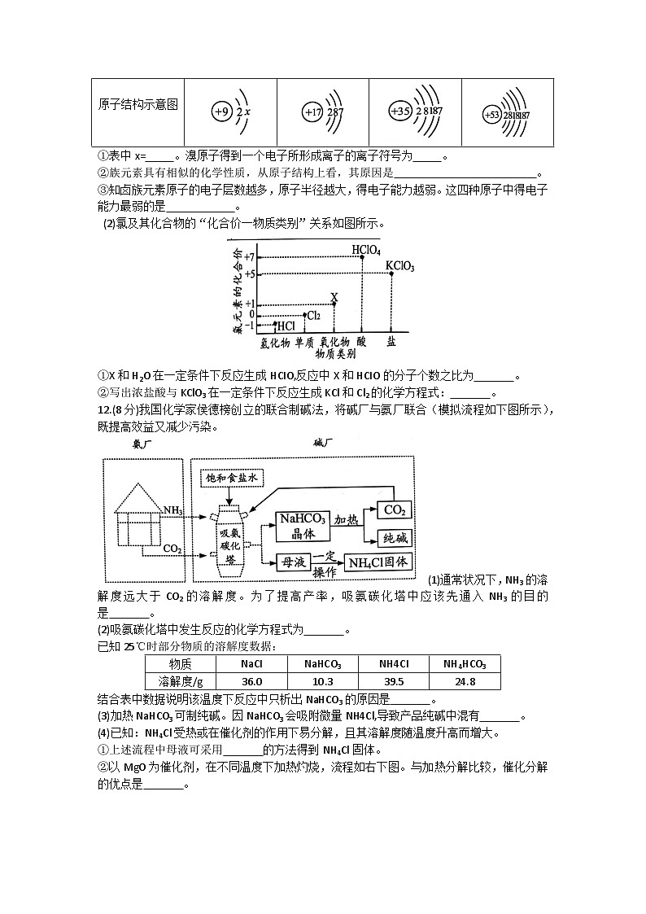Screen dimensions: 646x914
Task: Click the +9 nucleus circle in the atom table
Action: (x=220, y=112)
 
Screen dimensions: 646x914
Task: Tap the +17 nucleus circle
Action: (x=312, y=112)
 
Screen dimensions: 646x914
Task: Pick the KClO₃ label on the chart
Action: (x=399, y=265)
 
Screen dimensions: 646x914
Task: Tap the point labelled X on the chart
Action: (x=334, y=303)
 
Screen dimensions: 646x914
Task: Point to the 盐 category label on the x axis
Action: (x=391, y=342)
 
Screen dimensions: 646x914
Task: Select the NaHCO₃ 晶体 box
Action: (x=303, y=526)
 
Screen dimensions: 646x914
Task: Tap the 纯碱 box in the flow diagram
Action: (x=394, y=537)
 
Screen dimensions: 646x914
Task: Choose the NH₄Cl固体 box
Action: (x=379, y=562)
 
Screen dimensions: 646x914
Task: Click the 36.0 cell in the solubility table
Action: (x=251, y=681)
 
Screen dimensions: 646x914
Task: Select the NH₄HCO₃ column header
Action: (x=465, y=664)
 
